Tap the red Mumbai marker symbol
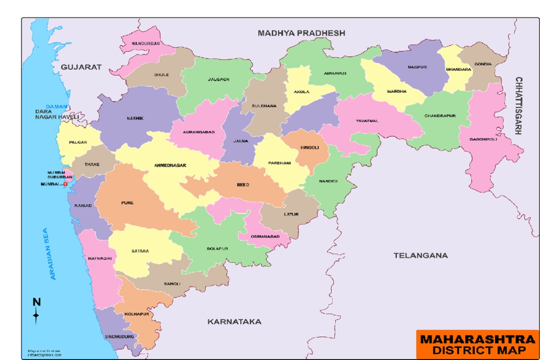[x=66, y=184]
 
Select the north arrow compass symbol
[x=36, y=310]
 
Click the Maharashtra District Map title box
[x=477, y=344]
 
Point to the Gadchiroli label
[x=483, y=139]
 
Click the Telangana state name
[x=421, y=255]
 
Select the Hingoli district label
[x=310, y=147]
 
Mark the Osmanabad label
[x=265, y=236]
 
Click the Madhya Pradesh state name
[x=301, y=33]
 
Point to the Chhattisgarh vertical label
[x=518, y=106]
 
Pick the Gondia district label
[x=482, y=64]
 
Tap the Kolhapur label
[x=137, y=314]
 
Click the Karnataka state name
[x=234, y=321]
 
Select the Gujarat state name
[x=81, y=67]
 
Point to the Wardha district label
[x=396, y=91]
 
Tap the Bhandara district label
[x=458, y=69]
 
